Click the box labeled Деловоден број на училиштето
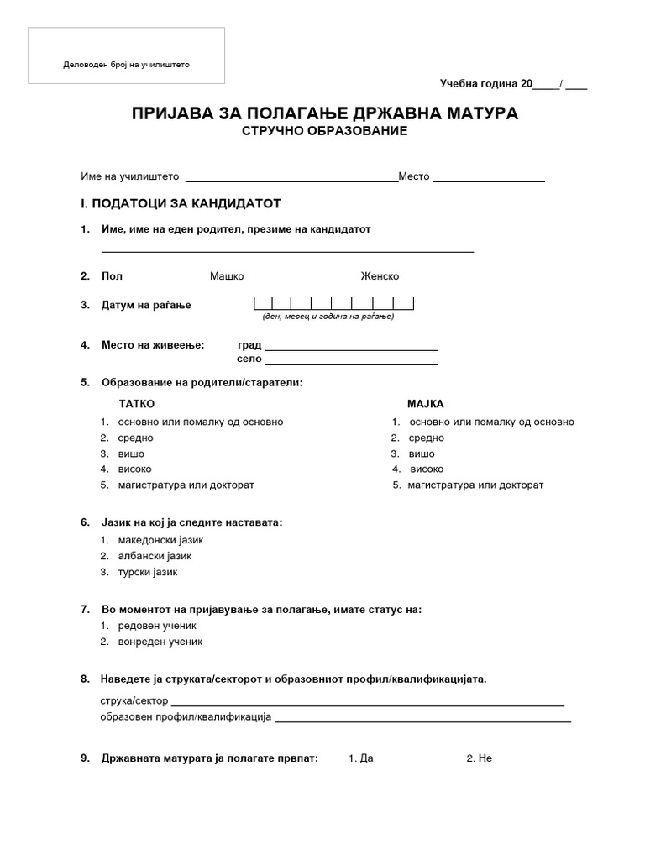127,55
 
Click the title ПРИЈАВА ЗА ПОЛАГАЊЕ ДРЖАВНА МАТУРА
324,113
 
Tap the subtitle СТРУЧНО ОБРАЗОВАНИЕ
324,131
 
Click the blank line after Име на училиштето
291,178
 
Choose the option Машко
227,276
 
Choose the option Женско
380,276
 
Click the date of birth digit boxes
333,304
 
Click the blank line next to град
351,346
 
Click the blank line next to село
351,360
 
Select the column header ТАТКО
137,404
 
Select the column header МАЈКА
425,404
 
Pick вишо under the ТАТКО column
131,454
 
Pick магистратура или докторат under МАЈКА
475,485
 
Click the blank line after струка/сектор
368,702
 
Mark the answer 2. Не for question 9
479,758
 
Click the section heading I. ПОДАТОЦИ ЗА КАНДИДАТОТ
180,203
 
